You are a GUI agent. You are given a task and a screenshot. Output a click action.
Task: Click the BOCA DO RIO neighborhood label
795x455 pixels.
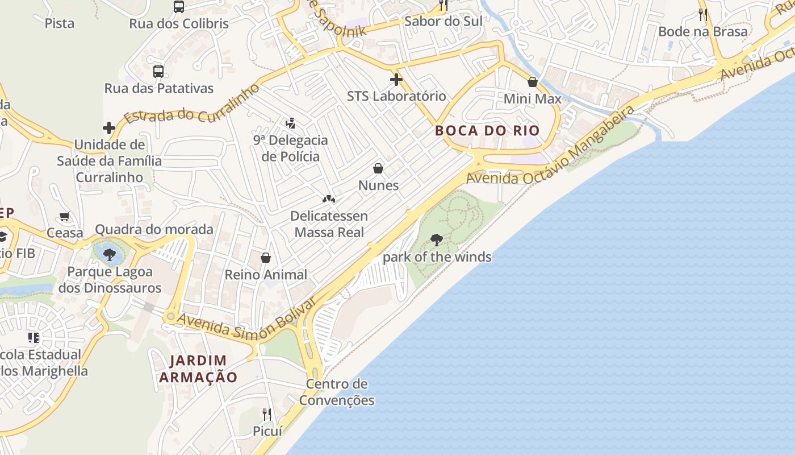point(487,130)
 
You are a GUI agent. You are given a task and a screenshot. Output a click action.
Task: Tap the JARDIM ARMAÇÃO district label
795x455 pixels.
point(198,369)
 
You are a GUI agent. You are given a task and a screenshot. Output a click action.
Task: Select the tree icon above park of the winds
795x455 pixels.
point(437,240)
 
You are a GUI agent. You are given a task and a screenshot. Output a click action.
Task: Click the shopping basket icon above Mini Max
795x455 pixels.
point(533,82)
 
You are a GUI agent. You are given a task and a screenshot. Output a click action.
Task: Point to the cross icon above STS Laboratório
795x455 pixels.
point(396,79)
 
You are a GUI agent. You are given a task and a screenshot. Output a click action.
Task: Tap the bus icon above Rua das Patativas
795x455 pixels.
point(158,72)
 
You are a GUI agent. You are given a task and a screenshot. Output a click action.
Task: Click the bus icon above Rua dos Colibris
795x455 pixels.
point(179,7)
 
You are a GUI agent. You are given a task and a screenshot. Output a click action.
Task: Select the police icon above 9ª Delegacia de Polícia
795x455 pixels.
point(291,123)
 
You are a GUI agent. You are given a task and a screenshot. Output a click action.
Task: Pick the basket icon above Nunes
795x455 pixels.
point(378,168)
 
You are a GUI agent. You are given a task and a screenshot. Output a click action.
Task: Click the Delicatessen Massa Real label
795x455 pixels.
point(329,224)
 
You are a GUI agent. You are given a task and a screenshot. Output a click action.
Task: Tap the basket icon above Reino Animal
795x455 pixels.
point(266,258)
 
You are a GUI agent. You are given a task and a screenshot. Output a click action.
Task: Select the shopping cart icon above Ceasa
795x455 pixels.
point(65,216)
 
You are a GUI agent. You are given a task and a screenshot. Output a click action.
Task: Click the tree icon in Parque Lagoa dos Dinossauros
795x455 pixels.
point(110,254)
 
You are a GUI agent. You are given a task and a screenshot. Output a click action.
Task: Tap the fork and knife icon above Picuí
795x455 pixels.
point(267,414)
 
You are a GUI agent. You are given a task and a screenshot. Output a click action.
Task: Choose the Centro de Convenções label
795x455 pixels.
point(337,392)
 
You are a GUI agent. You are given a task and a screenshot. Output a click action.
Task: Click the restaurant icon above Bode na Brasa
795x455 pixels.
point(703,14)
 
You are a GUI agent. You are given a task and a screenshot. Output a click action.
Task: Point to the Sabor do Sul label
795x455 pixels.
point(443,21)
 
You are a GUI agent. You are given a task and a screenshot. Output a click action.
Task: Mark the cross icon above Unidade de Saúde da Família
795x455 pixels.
point(109,128)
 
